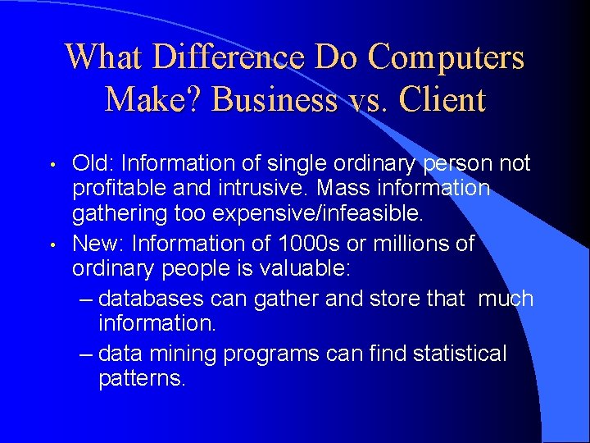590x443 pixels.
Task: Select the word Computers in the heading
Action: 446,57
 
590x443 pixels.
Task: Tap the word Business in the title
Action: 274,100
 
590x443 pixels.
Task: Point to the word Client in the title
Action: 442,100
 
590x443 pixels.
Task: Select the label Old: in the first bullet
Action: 94,164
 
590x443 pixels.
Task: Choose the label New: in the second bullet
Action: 99,244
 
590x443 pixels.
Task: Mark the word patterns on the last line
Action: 141,380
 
